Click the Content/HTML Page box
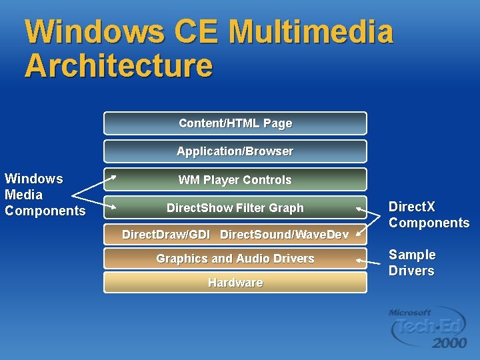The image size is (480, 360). [x=235, y=123]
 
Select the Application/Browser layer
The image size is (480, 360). [x=235, y=151]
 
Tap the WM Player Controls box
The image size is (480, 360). [x=235, y=180]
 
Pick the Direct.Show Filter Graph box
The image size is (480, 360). [x=235, y=208]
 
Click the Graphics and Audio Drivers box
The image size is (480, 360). [x=235, y=258]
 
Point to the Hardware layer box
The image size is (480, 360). [x=235, y=283]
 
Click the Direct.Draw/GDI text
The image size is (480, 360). [x=166, y=234]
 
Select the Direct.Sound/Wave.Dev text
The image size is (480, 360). [x=284, y=234]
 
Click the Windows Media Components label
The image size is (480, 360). [x=45, y=195]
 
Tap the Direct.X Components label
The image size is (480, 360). [x=429, y=215]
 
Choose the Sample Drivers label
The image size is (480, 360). [x=411, y=263]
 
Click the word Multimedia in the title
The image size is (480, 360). [x=310, y=32]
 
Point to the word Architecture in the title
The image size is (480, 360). [x=119, y=65]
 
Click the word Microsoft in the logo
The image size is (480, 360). [x=410, y=312]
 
